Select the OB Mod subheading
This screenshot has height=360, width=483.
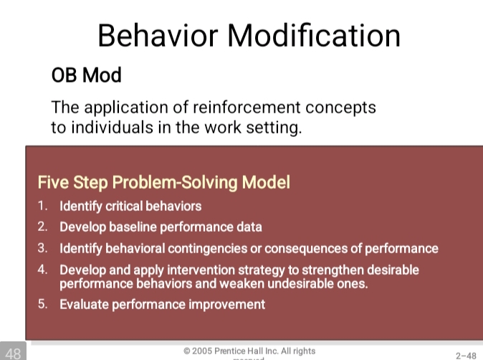tap(86, 75)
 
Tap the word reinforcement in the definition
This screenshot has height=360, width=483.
tap(244, 108)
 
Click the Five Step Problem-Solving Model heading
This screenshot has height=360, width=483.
tap(163, 182)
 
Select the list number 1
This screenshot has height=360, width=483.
tap(43, 206)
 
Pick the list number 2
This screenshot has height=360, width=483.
tap(43, 227)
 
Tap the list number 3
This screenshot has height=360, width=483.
tap(43, 248)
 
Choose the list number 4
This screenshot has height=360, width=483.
tap(43, 270)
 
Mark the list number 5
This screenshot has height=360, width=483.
tap(43, 304)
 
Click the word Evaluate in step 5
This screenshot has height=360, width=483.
tap(82, 304)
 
